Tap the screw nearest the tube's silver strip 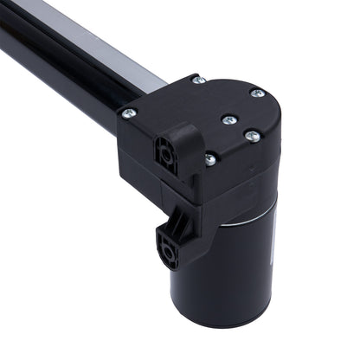pos(198,80)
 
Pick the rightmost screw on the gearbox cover pos(256,93)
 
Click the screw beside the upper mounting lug pos(209,157)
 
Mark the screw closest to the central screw pos(250,135)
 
